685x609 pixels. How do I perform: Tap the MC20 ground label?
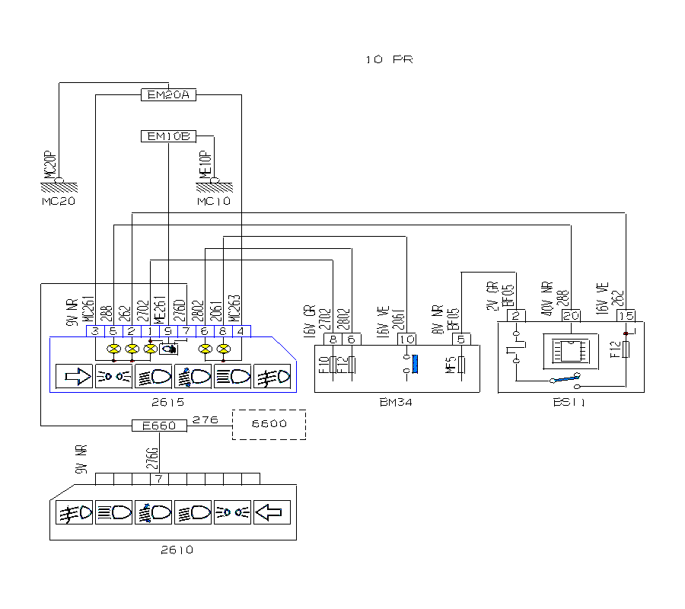tap(59, 202)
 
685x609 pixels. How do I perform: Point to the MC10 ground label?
tap(214, 202)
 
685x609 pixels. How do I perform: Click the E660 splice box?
tap(159, 426)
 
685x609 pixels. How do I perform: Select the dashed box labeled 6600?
tap(269, 424)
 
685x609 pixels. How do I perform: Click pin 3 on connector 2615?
tap(95, 330)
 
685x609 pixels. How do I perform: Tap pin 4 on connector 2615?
tap(241, 330)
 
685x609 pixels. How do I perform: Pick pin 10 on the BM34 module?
tap(406, 339)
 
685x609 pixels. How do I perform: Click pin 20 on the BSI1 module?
tap(571, 316)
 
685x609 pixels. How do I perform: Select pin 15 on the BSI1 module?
tap(626, 316)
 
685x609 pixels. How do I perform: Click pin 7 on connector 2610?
tap(159, 479)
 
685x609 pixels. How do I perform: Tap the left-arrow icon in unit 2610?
tap(271, 512)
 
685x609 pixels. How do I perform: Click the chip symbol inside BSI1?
tap(569, 352)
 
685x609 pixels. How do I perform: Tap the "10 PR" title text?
tap(389, 59)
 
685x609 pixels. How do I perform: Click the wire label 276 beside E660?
tap(202, 419)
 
